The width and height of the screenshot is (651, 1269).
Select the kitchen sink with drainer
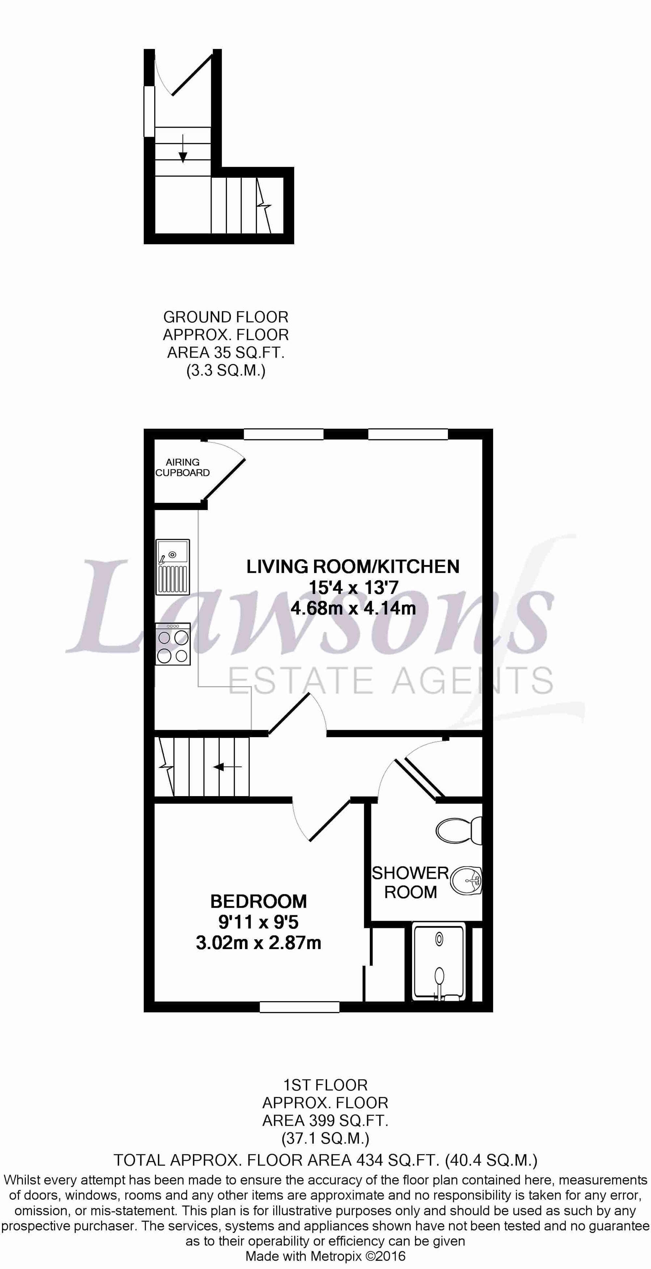(x=173, y=567)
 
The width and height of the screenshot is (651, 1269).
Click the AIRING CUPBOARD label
(x=182, y=467)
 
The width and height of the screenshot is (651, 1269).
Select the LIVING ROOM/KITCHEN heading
(x=353, y=567)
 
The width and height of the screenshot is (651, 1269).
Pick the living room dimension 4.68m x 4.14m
(x=353, y=608)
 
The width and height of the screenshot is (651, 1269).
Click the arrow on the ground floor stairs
(x=183, y=148)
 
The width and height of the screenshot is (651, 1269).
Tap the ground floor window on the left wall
(x=149, y=111)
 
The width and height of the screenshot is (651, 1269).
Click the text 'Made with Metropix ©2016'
(x=325, y=1255)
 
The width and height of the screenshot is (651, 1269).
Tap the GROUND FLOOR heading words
(x=226, y=317)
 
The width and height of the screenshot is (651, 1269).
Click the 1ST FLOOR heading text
(x=325, y=1085)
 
